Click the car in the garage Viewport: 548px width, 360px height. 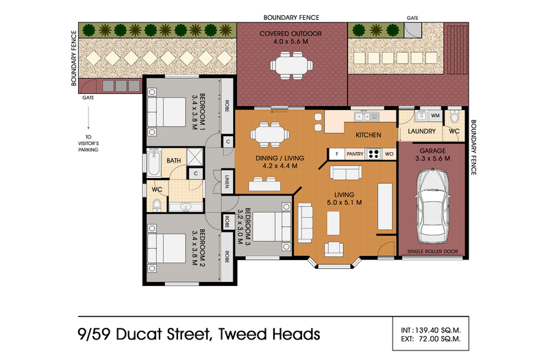433,206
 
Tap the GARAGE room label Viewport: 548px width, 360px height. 432,151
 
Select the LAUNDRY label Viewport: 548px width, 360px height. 422,131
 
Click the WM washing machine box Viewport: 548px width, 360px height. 435,116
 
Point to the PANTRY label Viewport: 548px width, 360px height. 355,154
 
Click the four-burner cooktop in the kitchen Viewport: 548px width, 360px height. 373,153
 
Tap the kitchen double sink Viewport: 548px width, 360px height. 366,116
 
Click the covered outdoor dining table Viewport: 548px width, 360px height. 291,65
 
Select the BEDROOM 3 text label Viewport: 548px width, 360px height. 244,227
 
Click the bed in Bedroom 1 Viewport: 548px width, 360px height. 166,112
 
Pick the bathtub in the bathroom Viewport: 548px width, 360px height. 153,163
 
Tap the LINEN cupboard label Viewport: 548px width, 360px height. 227,181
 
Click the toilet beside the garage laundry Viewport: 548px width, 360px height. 454,116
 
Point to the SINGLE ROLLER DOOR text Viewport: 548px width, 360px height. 433,251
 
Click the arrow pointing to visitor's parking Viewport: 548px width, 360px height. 88,118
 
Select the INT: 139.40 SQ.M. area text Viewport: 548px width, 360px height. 431,331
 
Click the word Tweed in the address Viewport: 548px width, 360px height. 242,334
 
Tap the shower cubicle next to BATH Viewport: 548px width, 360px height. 195,157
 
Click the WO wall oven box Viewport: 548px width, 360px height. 389,154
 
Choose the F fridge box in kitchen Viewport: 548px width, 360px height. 337,154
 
